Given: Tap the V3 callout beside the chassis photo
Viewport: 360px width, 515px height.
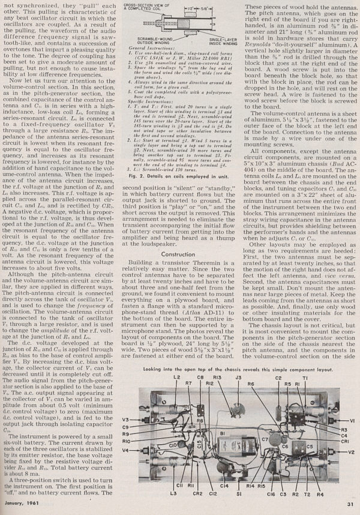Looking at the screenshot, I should [127, 419].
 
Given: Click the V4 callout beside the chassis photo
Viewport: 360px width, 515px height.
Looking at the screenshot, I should [127, 450].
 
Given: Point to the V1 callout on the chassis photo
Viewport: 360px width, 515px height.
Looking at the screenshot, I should [351, 421].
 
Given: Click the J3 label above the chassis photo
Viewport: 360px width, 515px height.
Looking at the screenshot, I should [238, 378].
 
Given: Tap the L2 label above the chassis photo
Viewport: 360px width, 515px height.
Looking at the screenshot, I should [178, 378].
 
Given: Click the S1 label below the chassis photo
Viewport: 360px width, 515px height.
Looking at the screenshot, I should [239, 493].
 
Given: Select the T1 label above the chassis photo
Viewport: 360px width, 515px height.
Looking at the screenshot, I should [305, 378].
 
